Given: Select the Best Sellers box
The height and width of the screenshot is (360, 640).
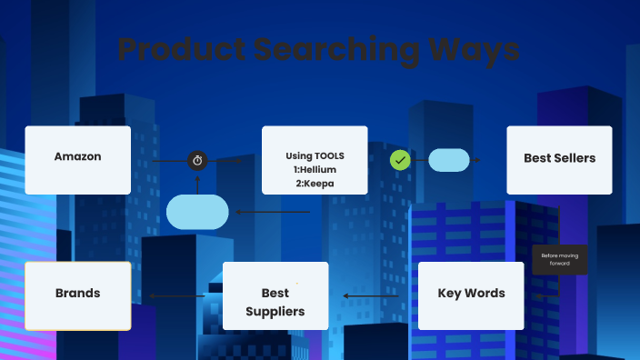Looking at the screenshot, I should click(x=559, y=159).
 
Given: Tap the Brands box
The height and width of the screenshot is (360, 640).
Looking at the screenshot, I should click(x=77, y=295).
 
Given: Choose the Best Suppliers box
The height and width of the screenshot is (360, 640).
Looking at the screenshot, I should click(x=275, y=295).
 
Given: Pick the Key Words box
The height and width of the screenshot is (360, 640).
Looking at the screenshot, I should click(x=471, y=295).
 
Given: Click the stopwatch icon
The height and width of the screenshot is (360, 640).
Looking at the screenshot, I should click(x=197, y=161).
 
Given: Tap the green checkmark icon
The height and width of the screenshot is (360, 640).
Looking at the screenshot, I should click(x=399, y=160).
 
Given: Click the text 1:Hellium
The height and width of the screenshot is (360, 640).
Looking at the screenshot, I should click(x=315, y=170).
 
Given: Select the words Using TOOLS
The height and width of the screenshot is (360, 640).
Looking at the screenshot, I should click(x=315, y=155).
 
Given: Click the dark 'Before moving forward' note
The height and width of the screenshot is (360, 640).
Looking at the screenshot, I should click(x=560, y=259).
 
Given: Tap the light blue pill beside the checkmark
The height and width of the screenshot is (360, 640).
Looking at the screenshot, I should click(x=448, y=160).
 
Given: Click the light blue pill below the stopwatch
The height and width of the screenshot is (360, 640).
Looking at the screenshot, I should click(x=197, y=212).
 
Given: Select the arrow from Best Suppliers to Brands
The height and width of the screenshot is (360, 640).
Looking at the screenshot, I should click(x=177, y=295).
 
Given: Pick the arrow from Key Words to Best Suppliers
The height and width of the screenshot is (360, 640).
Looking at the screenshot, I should click(x=371, y=295).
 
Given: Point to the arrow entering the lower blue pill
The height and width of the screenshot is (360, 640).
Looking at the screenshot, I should click(x=273, y=213).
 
